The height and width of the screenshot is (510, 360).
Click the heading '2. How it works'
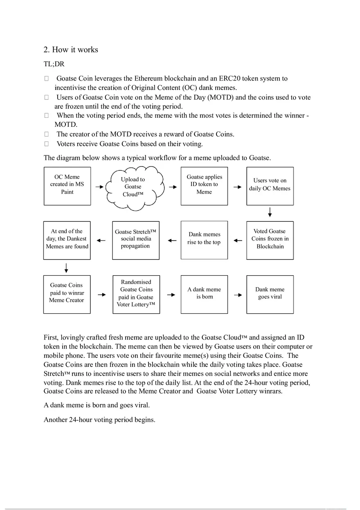(71, 50)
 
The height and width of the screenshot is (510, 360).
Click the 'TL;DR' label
(54, 64)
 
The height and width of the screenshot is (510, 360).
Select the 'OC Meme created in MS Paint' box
(67, 186)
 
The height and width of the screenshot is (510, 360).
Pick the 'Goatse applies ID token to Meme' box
(204, 186)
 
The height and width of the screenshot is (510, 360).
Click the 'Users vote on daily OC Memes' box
(270, 186)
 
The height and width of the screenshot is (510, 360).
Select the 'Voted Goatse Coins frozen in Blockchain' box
(270, 240)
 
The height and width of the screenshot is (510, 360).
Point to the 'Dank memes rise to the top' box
(204, 240)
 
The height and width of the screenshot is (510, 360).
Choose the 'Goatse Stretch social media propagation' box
(135, 240)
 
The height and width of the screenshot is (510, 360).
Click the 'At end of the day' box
(67, 240)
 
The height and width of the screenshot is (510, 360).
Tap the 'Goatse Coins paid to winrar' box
(67, 294)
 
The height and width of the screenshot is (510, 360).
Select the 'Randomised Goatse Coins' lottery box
(136, 294)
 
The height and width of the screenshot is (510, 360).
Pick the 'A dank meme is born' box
(204, 294)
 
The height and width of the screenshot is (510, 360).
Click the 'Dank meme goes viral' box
(270, 294)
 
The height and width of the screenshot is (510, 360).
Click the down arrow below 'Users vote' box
(270, 212)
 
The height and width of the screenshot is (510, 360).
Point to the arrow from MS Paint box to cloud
(99, 187)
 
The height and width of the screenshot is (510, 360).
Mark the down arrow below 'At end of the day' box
(66, 268)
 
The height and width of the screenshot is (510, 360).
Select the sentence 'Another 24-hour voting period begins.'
(99, 420)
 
